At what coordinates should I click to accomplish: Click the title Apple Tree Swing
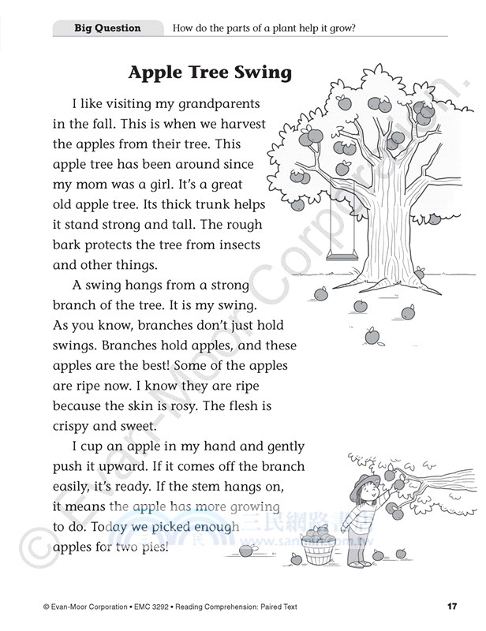(210, 73)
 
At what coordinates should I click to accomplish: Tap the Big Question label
(107, 28)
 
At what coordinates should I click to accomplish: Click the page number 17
(451, 606)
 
